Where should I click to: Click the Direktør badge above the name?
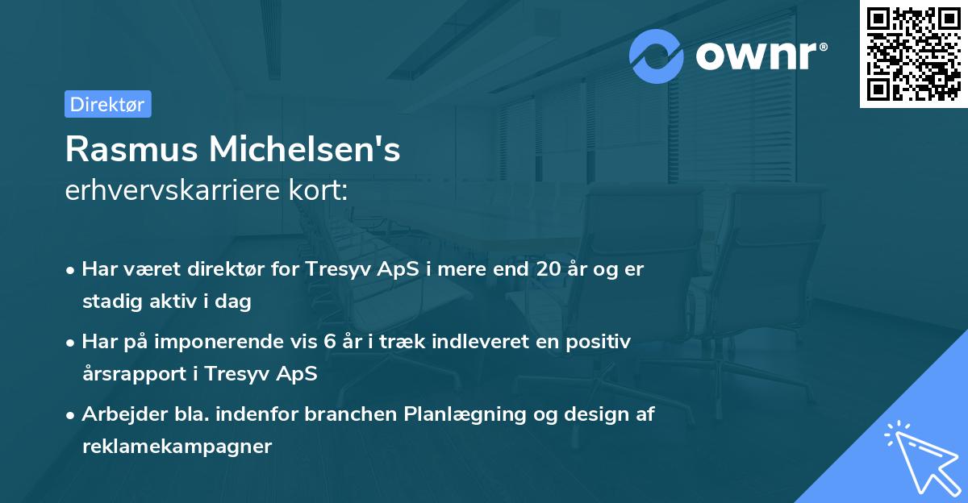coord(107,104)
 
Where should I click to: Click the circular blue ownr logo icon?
coord(657,56)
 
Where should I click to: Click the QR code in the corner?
coord(914,54)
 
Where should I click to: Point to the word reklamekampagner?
coord(177,447)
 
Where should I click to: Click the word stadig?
coord(109,301)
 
